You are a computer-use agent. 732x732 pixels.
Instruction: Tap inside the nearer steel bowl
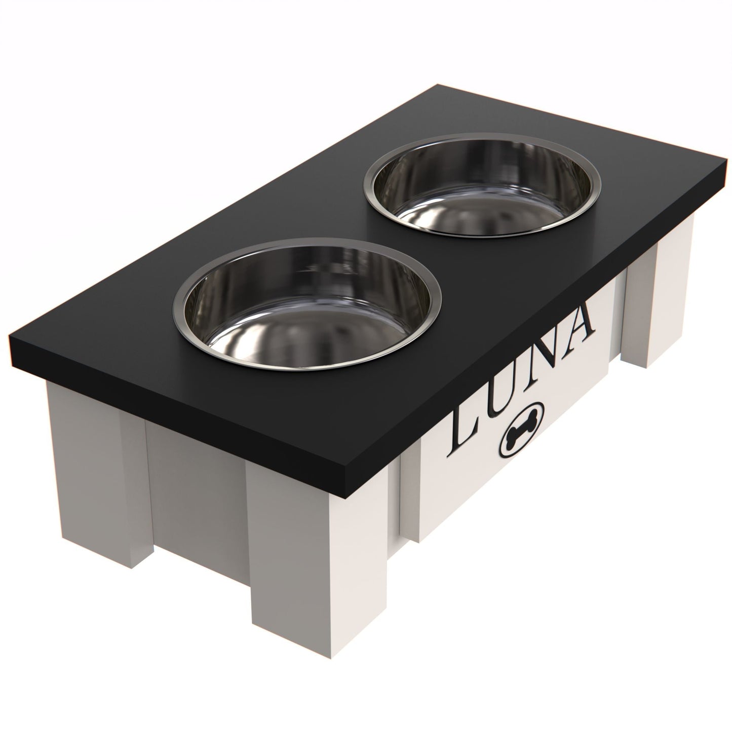(307, 307)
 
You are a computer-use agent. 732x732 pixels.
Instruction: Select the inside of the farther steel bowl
(482, 186)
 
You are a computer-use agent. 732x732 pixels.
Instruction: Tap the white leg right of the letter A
(657, 292)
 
